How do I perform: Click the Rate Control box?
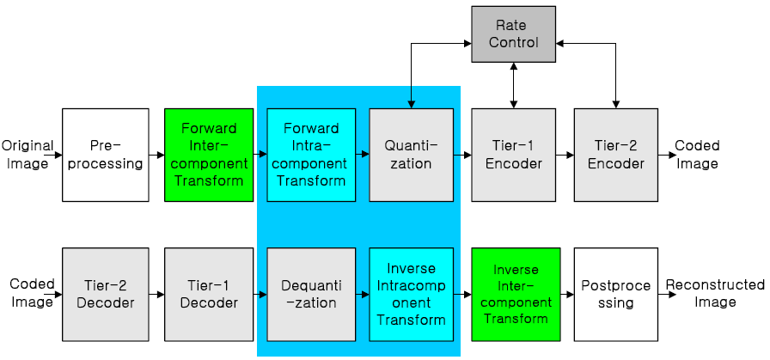click(513, 34)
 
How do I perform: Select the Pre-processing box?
click(104, 155)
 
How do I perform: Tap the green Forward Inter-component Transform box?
click(209, 155)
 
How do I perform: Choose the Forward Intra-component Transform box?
click(311, 155)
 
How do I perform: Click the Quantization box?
click(411, 155)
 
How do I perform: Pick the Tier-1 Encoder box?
click(513, 155)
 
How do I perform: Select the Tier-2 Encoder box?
click(615, 155)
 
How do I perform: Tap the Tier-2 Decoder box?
click(104, 293)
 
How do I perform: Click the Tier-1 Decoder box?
click(209, 293)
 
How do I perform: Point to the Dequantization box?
click(311, 293)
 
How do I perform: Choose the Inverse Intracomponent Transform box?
click(411, 293)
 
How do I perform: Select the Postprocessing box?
click(615, 293)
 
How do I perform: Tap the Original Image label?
click(27, 155)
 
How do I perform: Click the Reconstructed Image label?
click(714, 293)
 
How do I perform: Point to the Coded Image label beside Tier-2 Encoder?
click(697, 155)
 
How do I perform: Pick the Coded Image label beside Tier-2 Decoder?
click(31, 293)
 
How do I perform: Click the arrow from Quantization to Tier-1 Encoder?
click(462, 156)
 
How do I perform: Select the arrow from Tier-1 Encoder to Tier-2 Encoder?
click(565, 156)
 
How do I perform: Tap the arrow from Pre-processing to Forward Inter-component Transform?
click(156, 156)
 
